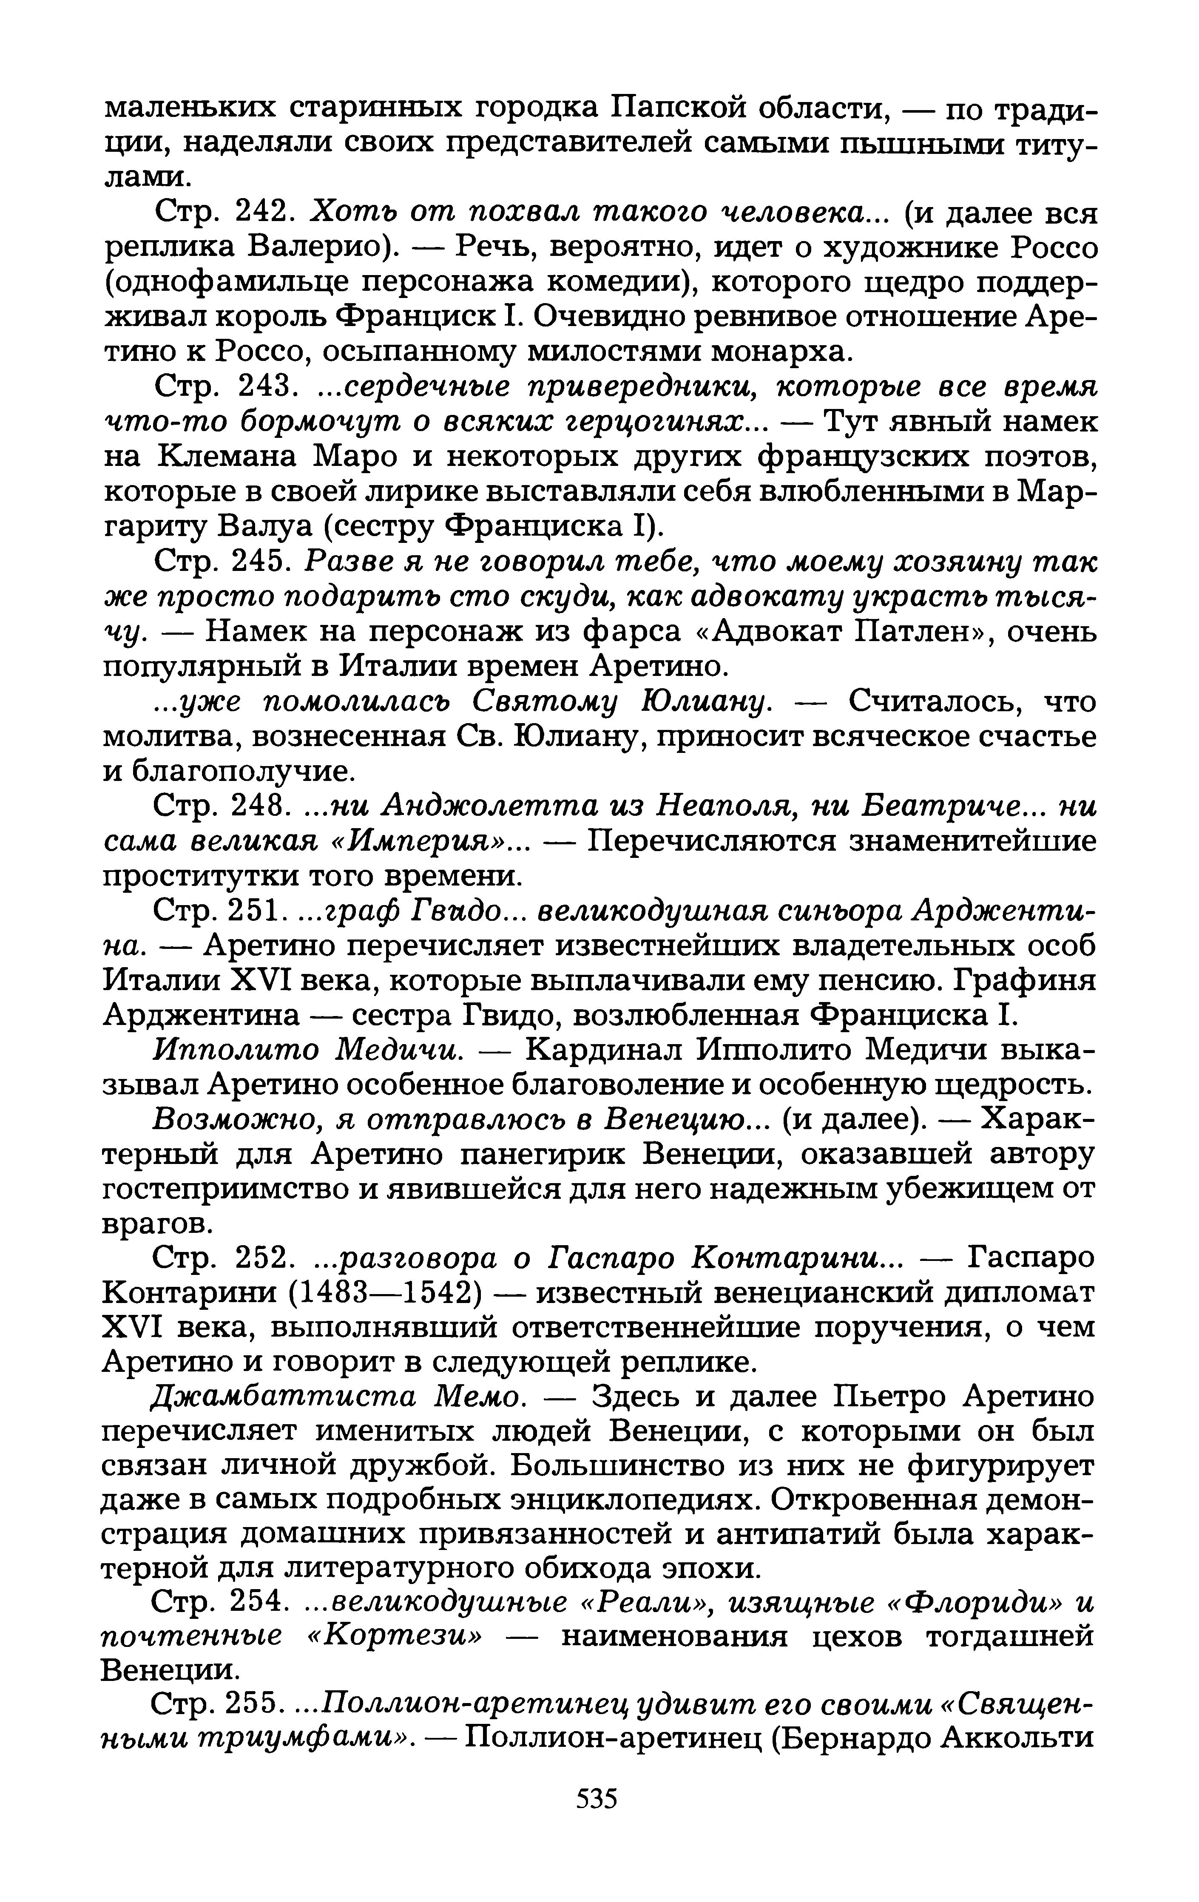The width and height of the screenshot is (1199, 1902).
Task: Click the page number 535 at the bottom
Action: [x=597, y=1799]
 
